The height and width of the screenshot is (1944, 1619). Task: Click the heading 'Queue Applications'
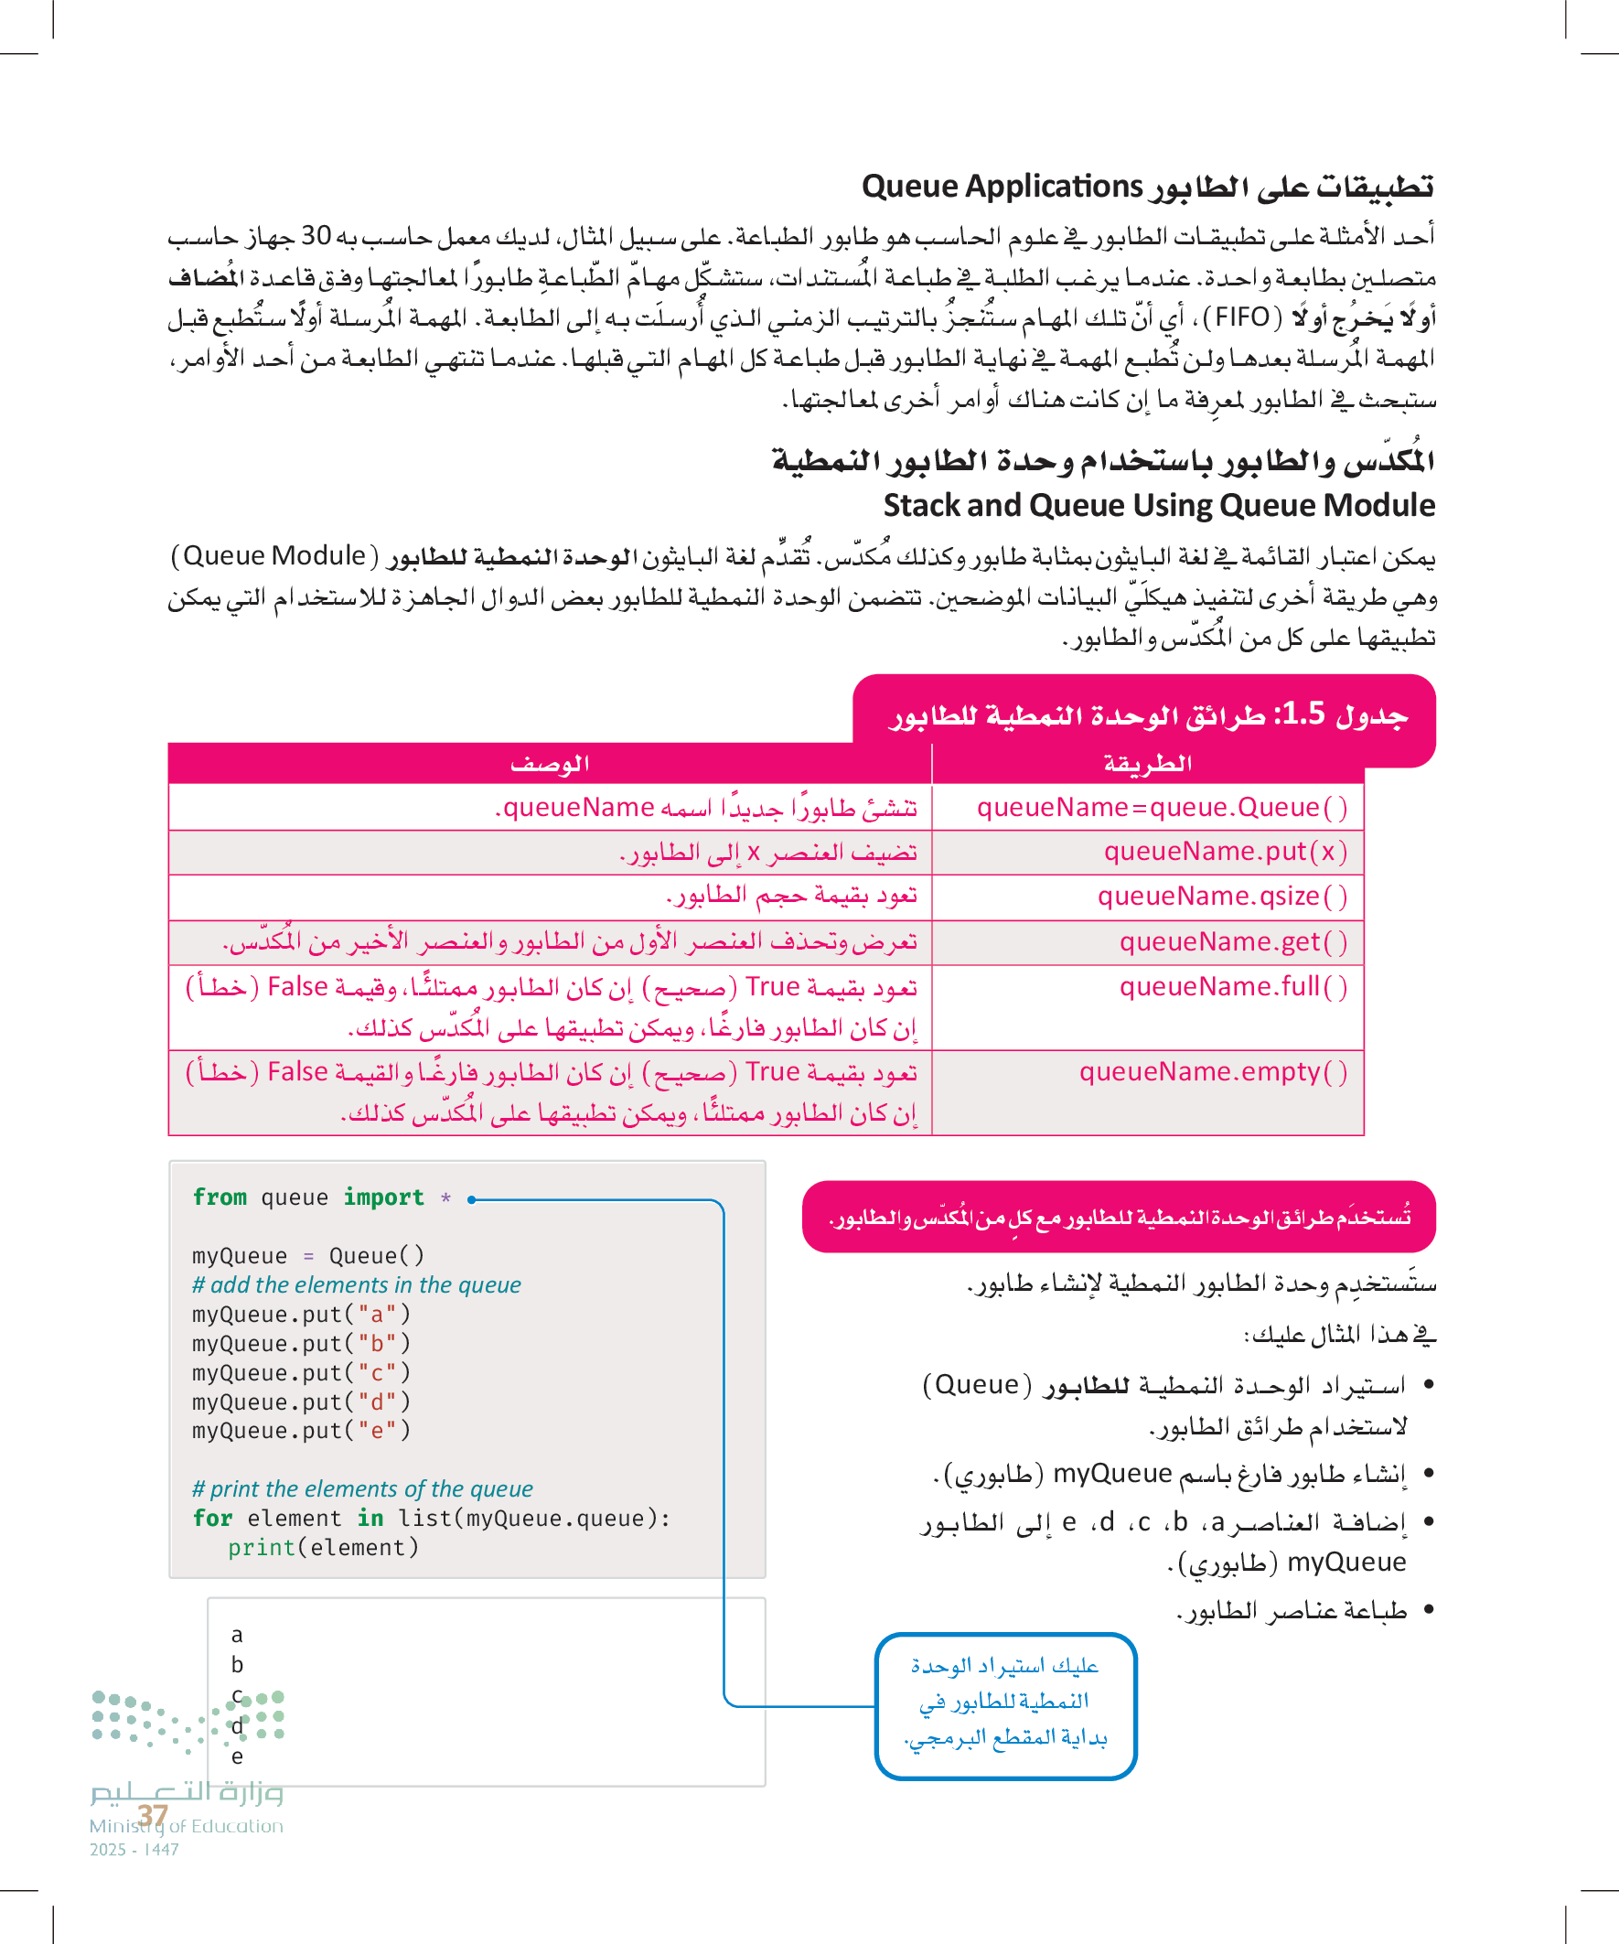(1148, 187)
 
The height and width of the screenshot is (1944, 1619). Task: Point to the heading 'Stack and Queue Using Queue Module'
(1159, 505)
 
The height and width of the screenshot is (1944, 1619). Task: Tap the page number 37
(153, 1816)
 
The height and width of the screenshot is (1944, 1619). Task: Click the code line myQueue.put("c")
(301, 1373)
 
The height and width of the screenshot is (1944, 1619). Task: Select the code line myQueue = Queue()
(307, 1256)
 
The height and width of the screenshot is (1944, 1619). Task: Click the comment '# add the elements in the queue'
(357, 1285)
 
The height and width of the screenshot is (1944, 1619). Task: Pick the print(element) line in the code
(323, 1548)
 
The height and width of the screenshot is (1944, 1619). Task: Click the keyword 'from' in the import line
(220, 1198)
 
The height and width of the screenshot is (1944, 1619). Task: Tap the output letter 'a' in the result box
(237, 1635)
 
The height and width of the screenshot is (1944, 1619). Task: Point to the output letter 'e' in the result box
(237, 1756)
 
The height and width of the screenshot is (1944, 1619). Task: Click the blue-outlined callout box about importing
(1005, 1704)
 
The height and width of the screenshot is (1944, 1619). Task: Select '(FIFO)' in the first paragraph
(1241, 317)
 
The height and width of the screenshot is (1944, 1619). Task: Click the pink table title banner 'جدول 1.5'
(1145, 715)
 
